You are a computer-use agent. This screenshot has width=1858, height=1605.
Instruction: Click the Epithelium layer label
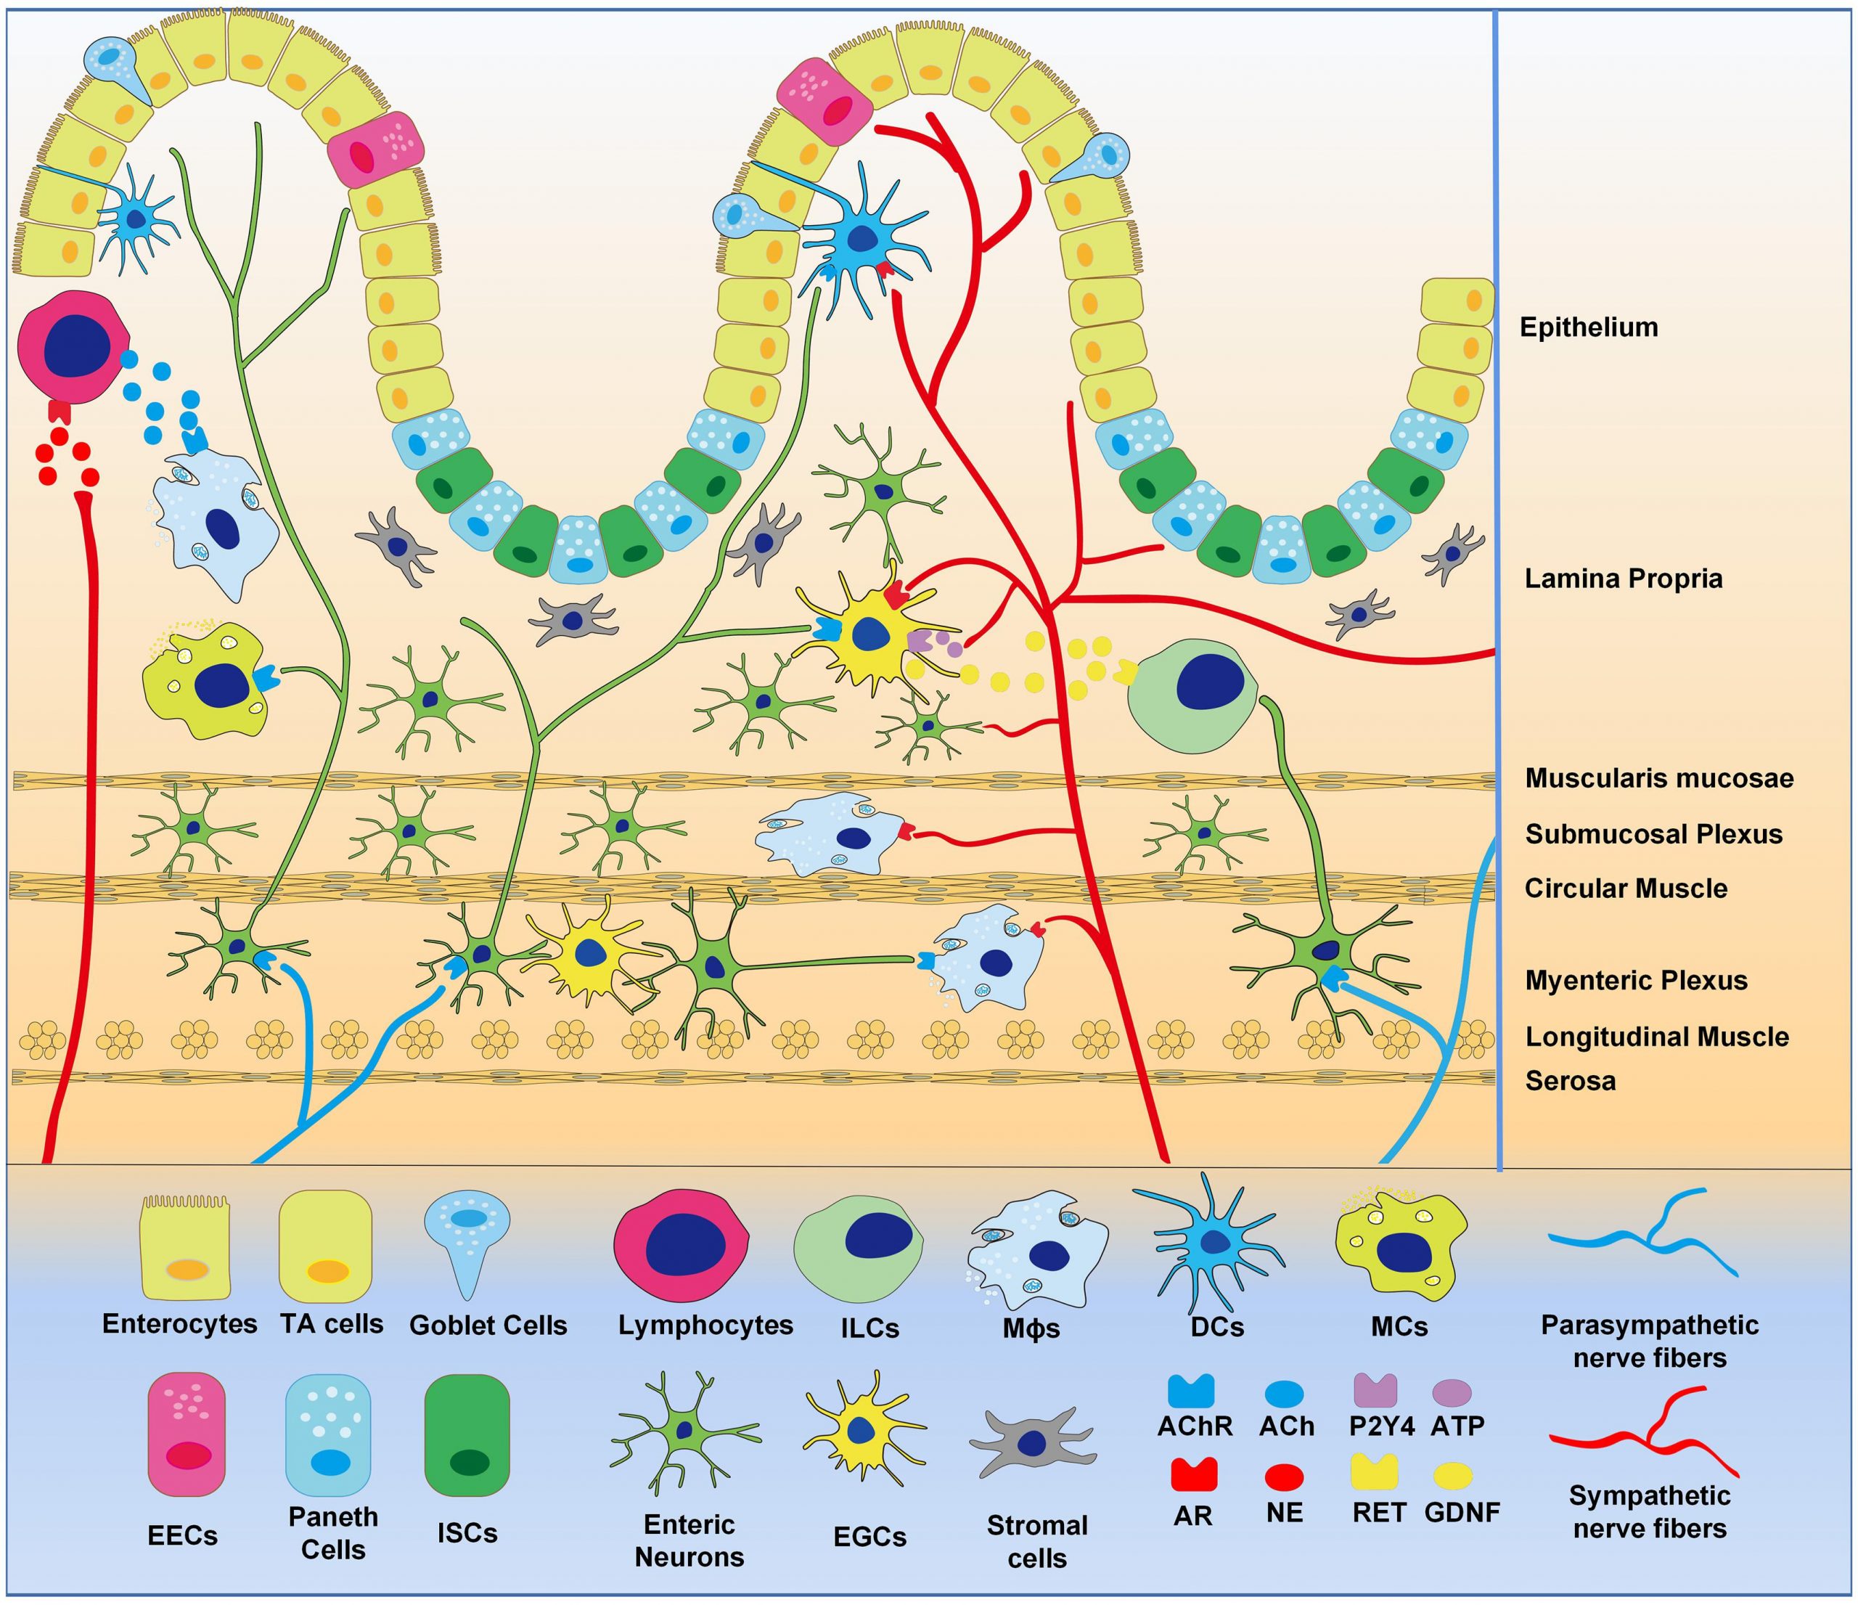click(1588, 327)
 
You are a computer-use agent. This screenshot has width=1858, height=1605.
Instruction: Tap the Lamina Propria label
click(1623, 579)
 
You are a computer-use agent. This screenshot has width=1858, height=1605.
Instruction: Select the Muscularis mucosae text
click(1659, 777)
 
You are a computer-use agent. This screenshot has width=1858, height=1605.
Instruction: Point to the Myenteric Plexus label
click(1636, 980)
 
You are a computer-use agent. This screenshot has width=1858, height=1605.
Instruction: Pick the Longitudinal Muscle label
click(1657, 1037)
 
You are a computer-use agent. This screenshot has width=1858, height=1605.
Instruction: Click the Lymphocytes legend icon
click(682, 1246)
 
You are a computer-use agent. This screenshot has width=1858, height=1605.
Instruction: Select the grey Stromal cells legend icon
click(1032, 1442)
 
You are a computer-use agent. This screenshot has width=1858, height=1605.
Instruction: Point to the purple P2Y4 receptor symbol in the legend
click(1375, 1390)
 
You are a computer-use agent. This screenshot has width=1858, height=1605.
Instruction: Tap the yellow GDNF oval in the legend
click(1454, 1476)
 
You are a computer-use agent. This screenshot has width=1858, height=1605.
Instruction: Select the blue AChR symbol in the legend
click(1191, 1391)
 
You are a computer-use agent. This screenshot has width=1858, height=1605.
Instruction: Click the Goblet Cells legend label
click(488, 1326)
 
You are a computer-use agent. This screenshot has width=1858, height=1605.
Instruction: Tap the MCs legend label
click(1399, 1326)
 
